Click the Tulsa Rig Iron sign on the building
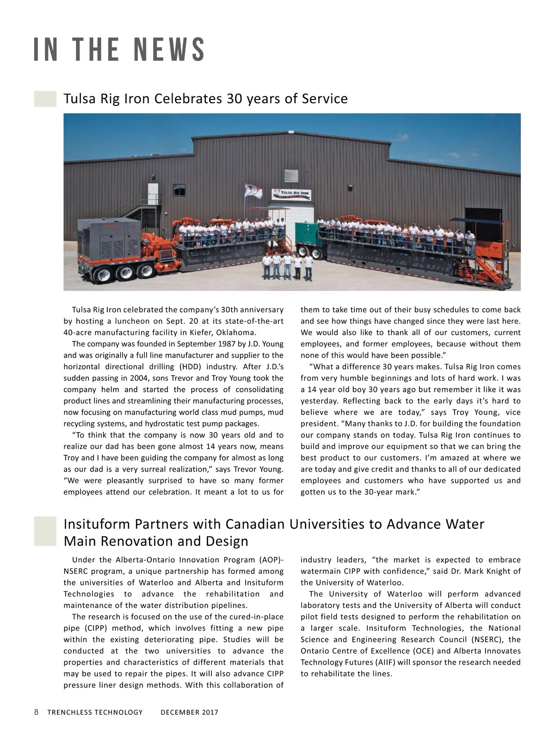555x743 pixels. [292, 194]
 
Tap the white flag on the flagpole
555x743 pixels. [253, 191]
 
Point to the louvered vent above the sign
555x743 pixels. [291, 176]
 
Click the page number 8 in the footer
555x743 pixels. [37, 712]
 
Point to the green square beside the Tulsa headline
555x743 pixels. [45, 99]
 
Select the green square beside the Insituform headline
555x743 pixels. [45, 531]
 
